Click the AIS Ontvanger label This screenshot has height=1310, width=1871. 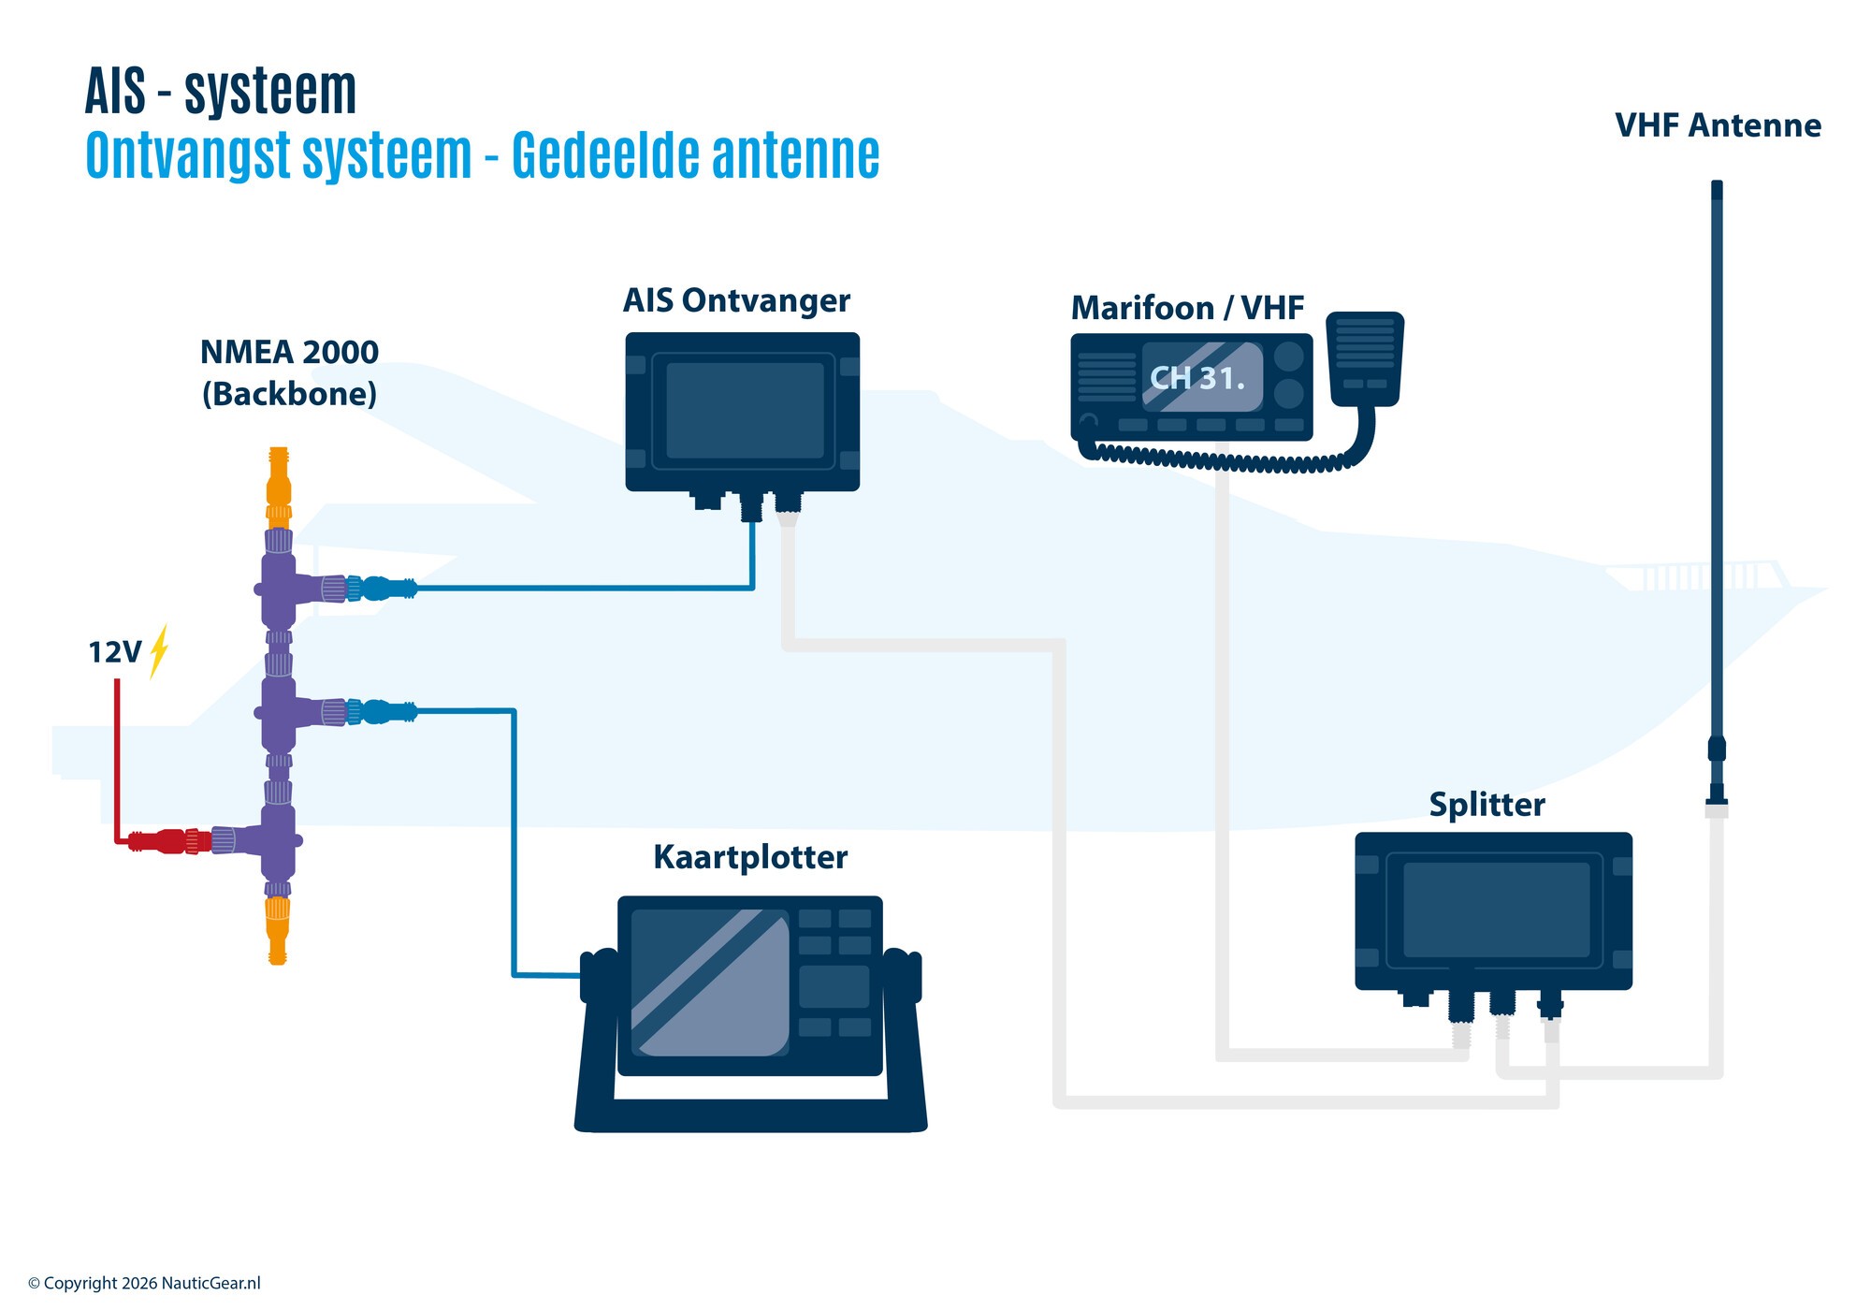(736, 301)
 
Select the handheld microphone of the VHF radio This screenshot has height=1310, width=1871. (1365, 358)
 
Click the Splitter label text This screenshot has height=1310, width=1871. (1487, 805)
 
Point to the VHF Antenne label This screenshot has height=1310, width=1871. (1718, 125)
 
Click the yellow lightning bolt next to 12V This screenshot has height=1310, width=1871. (159, 650)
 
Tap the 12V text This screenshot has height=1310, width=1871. (114, 652)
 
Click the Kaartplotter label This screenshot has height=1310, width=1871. (750, 857)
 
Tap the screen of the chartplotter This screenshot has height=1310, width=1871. (708, 982)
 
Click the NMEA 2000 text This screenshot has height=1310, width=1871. (289, 353)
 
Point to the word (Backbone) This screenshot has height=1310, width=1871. (289, 394)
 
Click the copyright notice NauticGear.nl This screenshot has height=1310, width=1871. (144, 1283)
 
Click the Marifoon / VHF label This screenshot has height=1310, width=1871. (1187, 308)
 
